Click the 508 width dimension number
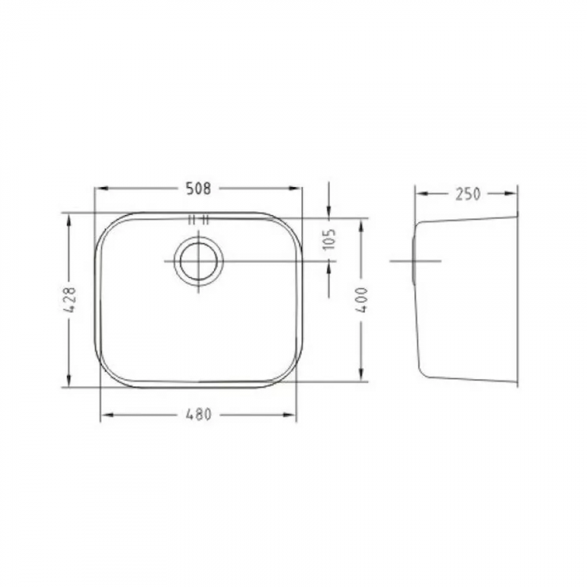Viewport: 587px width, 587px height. [197, 188]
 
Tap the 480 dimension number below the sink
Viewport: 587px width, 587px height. [198, 415]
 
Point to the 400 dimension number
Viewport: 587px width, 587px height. [361, 299]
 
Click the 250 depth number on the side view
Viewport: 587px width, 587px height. [466, 193]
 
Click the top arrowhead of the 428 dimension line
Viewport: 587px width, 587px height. [70, 219]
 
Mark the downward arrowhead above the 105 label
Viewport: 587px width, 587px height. [329, 211]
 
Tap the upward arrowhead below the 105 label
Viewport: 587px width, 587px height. [329, 266]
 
